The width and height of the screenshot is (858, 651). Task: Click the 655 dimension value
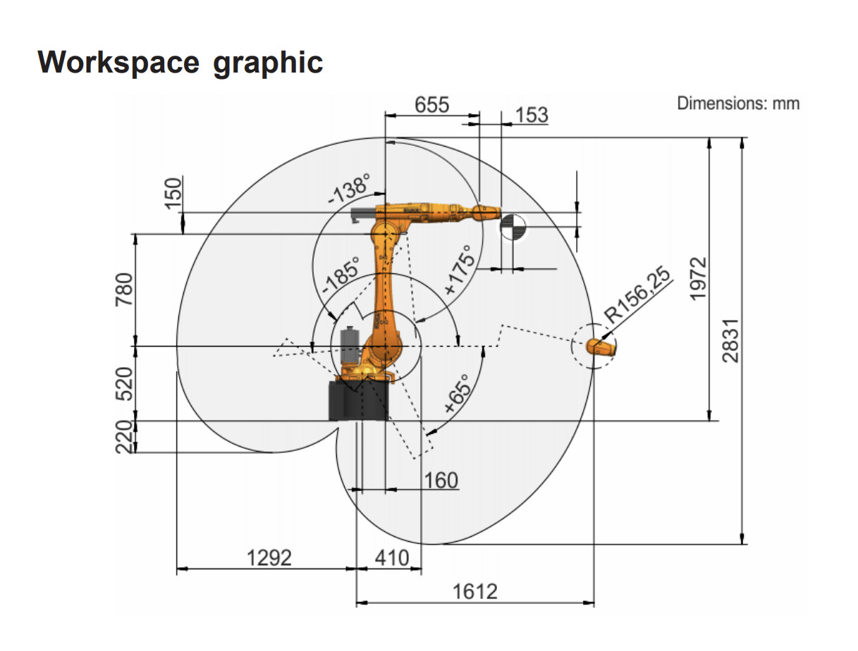431,105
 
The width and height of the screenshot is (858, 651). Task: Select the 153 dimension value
532,116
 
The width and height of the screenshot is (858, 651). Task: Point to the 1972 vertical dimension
698,279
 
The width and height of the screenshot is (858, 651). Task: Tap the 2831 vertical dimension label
731,341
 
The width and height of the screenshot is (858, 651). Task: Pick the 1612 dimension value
475,592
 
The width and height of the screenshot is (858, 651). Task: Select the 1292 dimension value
269,558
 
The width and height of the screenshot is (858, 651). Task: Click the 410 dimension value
392,558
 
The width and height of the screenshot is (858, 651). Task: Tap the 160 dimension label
441,480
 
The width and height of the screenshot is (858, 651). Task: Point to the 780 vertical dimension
124,290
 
